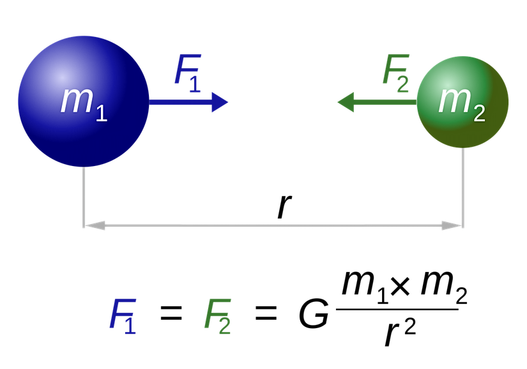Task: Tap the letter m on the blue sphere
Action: coord(76,100)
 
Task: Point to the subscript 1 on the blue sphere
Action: coord(100,113)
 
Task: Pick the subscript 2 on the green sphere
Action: coord(478,113)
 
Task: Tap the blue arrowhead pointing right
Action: coord(219,102)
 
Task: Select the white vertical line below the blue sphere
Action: coord(84,195)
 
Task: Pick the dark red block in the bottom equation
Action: coord(276,325)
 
